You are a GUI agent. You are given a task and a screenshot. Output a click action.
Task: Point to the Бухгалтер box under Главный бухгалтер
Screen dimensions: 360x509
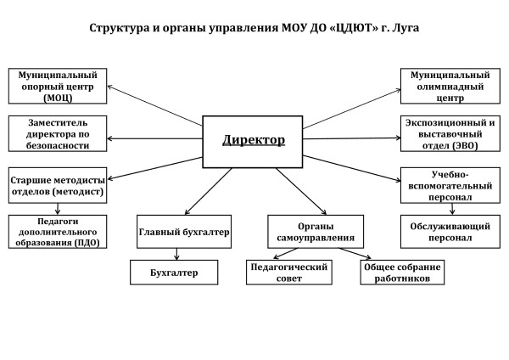175,273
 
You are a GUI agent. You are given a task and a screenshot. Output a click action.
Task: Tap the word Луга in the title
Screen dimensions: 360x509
402,28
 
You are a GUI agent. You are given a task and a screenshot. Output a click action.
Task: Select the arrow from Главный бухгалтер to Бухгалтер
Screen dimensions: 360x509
176,252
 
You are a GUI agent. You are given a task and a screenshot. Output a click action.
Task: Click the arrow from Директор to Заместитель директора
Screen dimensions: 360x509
157,138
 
